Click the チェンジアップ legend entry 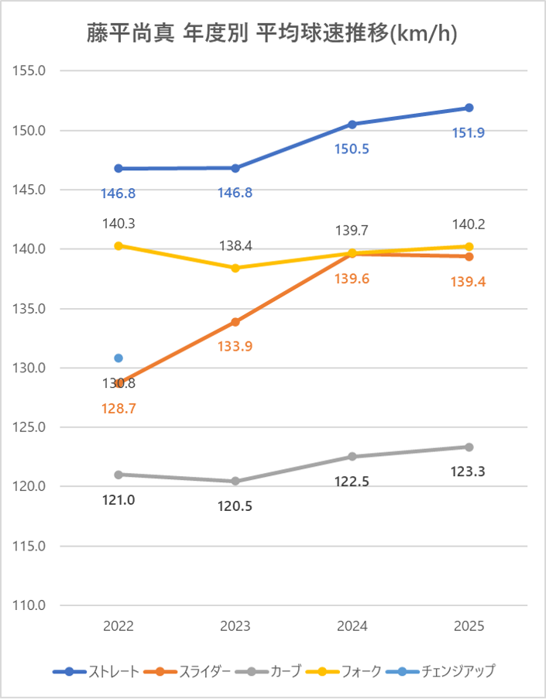coord(448,671)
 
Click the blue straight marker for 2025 coord(469,108)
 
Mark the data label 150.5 coord(352,149)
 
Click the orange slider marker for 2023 coord(235,321)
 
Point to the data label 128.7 coord(118,409)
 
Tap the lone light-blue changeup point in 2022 coord(118,358)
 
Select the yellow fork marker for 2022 coord(118,245)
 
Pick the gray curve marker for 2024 coord(352,457)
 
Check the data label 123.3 coord(469,471)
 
